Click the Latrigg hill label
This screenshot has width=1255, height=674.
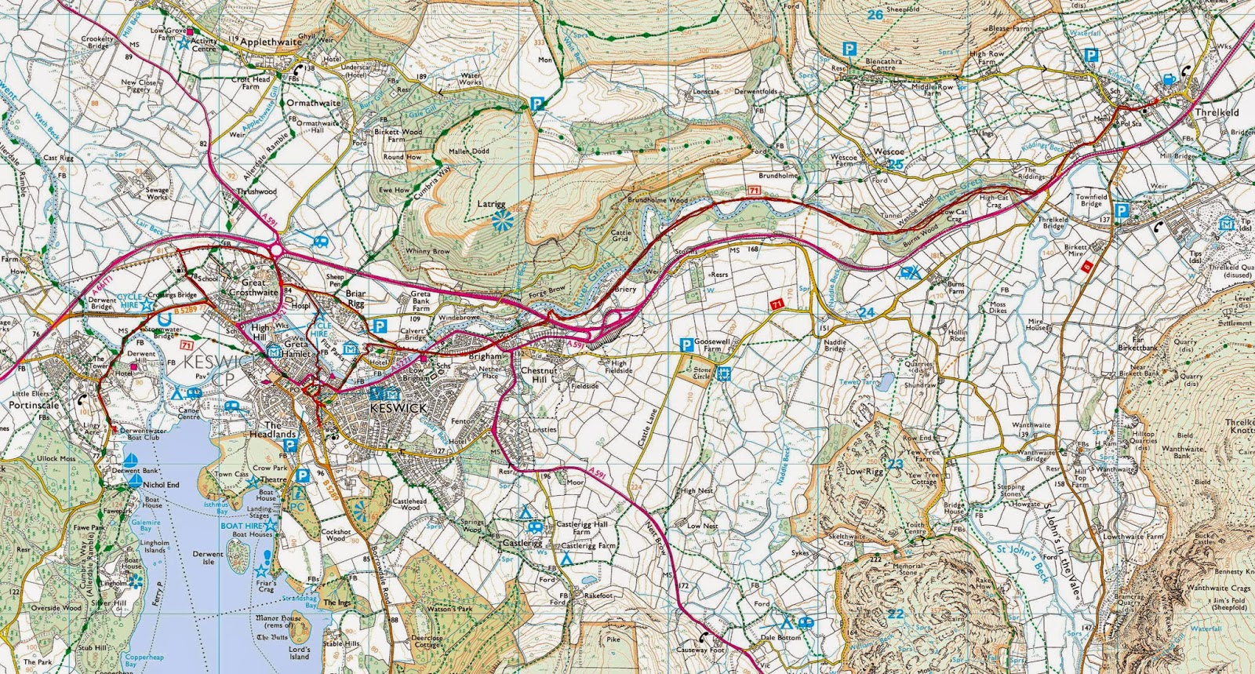tap(492, 204)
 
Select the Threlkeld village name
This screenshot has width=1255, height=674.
tap(1217, 112)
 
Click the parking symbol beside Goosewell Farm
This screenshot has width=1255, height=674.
tap(686, 344)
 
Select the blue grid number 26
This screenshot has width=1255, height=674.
tap(875, 14)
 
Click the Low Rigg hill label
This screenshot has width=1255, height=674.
tap(864, 472)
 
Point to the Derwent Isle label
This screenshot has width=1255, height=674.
tap(208, 558)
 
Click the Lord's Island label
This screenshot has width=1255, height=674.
tap(299, 653)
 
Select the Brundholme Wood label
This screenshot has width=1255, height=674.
tap(657, 201)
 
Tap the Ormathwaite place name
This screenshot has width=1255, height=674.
tap(314, 103)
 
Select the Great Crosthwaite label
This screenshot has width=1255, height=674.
tap(253, 287)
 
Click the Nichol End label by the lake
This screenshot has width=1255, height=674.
tap(161, 485)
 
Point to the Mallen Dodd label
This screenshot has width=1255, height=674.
tap(468, 151)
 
